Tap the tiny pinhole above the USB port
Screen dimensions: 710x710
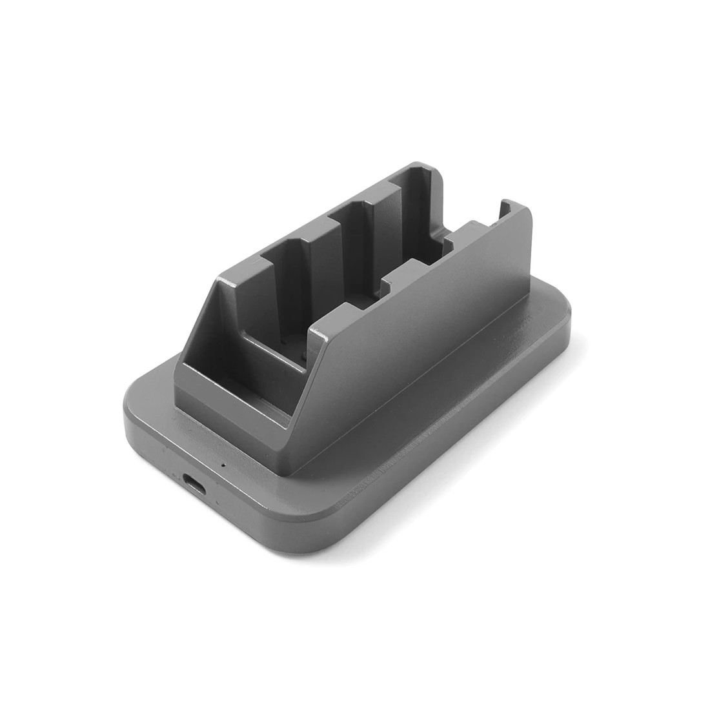coord(223,464)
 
